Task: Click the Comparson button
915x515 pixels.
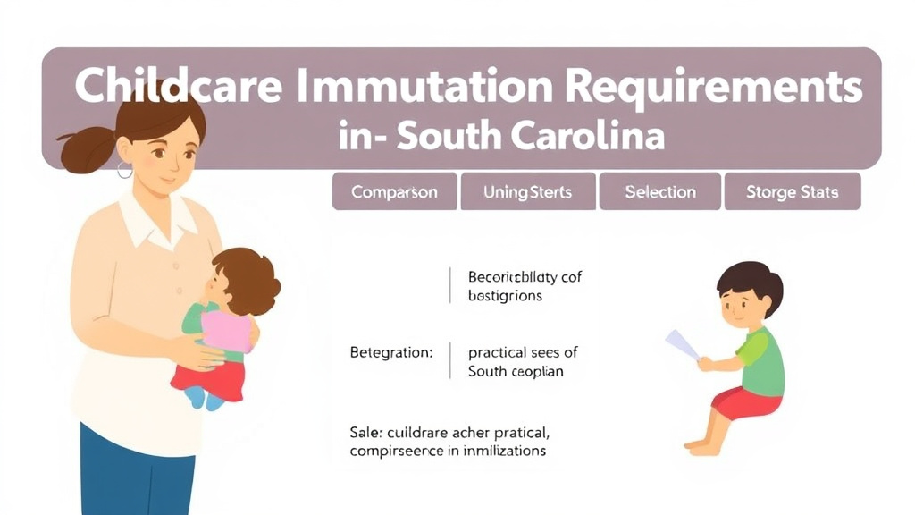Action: pyautogui.click(x=394, y=192)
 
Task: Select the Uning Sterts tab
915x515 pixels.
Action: pyautogui.click(x=527, y=192)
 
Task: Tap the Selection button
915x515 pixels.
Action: pyautogui.click(x=660, y=192)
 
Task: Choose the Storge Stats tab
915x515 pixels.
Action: pyautogui.click(x=793, y=192)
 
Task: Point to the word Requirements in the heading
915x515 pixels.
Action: pyautogui.click(x=714, y=87)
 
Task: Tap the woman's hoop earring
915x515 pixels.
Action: pyautogui.click(x=124, y=169)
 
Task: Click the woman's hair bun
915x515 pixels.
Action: pyautogui.click(x=84, y=148)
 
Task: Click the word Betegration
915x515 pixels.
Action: pyautogui.click(x=390, y=352)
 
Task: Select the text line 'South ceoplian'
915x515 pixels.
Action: pyautogui.click(x=516, y=371)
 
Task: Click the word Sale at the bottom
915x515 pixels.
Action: pyautogui.click(x=364, y=432)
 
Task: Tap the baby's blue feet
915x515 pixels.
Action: pyautogui.click(x=205, y=399)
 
